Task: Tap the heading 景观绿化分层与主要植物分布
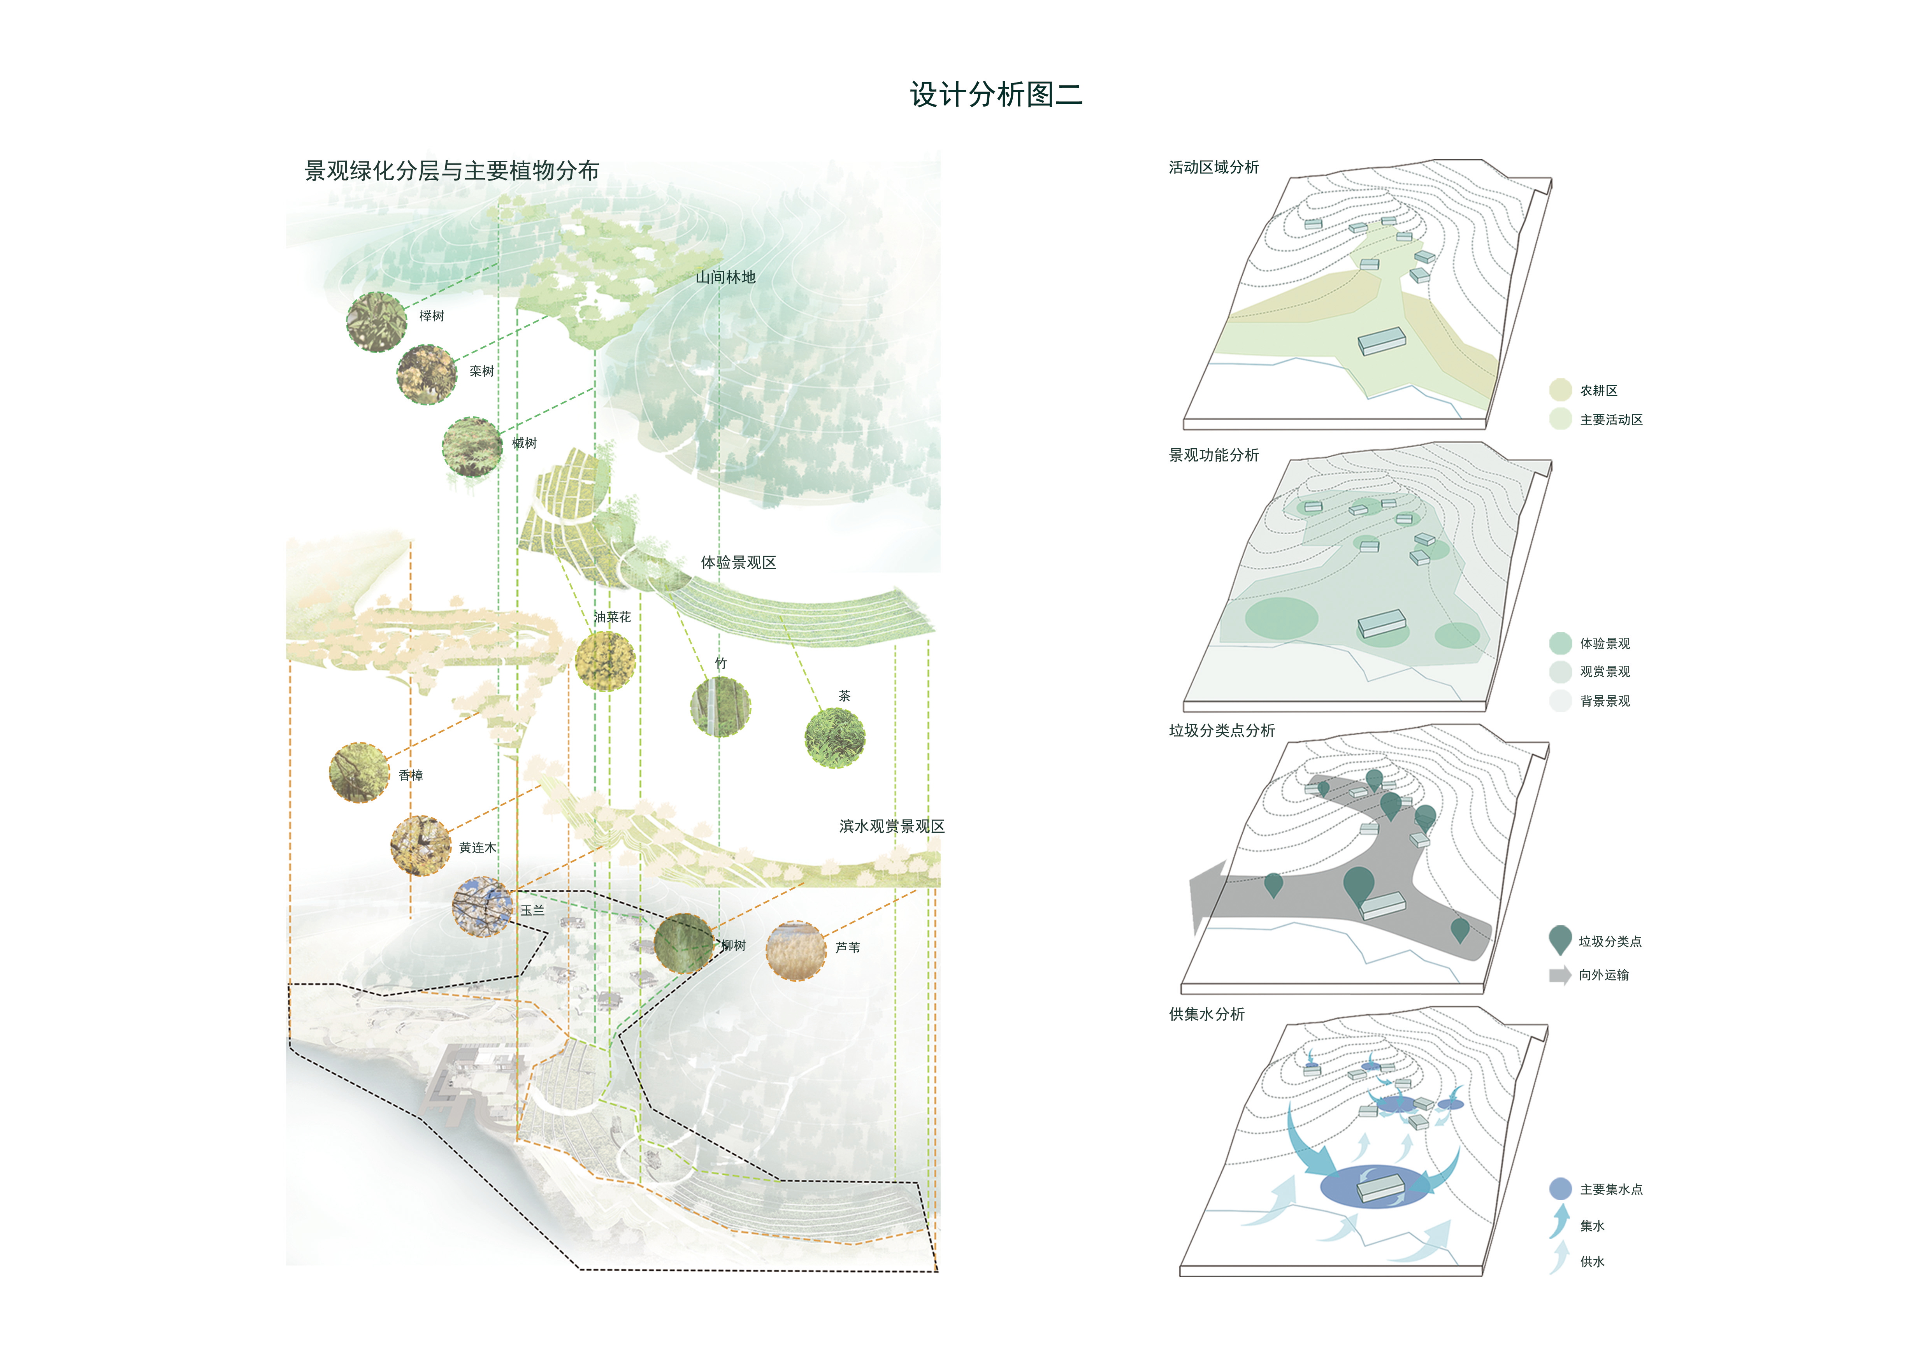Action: [451, 170]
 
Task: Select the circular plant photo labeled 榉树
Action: [377, 322]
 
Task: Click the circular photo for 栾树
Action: [427, 374]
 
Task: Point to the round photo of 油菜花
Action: [605, 661]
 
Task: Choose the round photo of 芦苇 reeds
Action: [795, 951]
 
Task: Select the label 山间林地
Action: [725, 277]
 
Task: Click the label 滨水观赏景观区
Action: [892, 826]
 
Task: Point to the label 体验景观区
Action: [739, 562]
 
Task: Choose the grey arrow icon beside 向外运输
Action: [1560, 975]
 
